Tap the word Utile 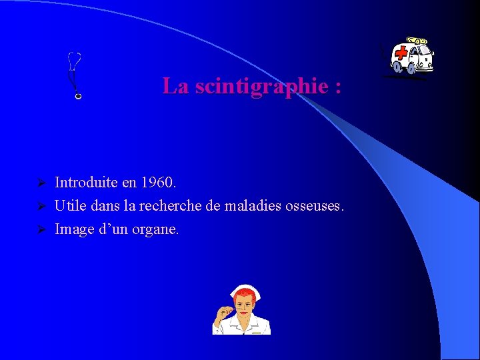coord(70,205)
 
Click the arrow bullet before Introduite coord(41,183)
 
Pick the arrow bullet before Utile coord(41,206)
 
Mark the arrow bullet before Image coord(41,230)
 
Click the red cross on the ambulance coord(401,53)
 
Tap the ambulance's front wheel coord(399,67)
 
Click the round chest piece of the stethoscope coord(78,97)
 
